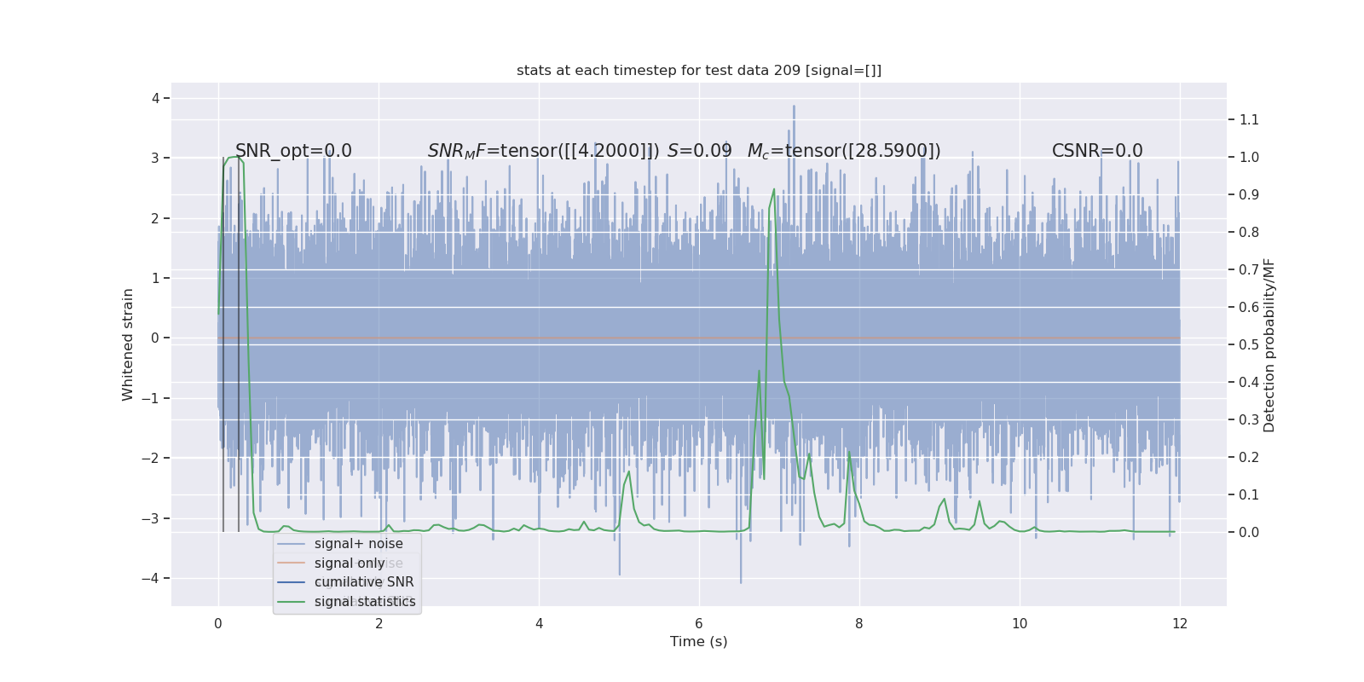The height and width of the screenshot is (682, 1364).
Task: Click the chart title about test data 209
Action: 698,71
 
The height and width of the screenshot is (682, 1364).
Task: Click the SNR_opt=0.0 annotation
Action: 293,151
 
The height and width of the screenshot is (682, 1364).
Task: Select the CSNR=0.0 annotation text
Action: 1096,151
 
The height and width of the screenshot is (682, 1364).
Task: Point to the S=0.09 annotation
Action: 699,151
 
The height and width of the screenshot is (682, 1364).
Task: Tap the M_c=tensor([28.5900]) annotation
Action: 844,151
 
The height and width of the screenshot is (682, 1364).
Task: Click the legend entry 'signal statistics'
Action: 364,602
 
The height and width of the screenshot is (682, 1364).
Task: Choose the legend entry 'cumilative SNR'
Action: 363,582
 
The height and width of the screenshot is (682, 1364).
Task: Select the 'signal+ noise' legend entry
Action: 358,544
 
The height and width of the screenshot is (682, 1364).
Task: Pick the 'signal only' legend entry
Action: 350,564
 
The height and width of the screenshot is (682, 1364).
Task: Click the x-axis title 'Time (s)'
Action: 698,642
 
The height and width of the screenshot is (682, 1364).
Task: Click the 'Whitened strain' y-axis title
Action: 128,344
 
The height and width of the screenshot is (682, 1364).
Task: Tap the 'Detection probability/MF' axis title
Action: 1269,344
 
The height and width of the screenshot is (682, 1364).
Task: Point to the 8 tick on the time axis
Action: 859,624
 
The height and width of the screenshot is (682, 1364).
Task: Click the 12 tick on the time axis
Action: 1180,624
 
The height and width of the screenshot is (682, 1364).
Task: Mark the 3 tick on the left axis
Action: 155,159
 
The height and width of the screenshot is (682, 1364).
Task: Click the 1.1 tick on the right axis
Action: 1249,120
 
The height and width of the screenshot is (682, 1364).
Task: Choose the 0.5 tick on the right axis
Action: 1249,345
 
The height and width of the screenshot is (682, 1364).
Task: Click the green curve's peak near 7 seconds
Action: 774,189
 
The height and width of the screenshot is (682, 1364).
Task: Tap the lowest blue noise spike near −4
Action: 741,582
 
